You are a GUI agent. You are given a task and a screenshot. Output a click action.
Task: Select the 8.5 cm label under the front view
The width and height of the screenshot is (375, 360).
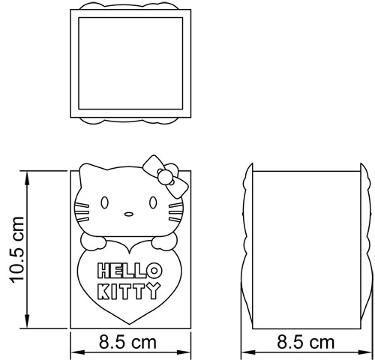pyautogui.click(x=128, y=343)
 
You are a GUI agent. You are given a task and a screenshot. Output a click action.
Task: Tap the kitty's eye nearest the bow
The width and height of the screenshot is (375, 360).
pyautogui.click(x=154, y=202)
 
